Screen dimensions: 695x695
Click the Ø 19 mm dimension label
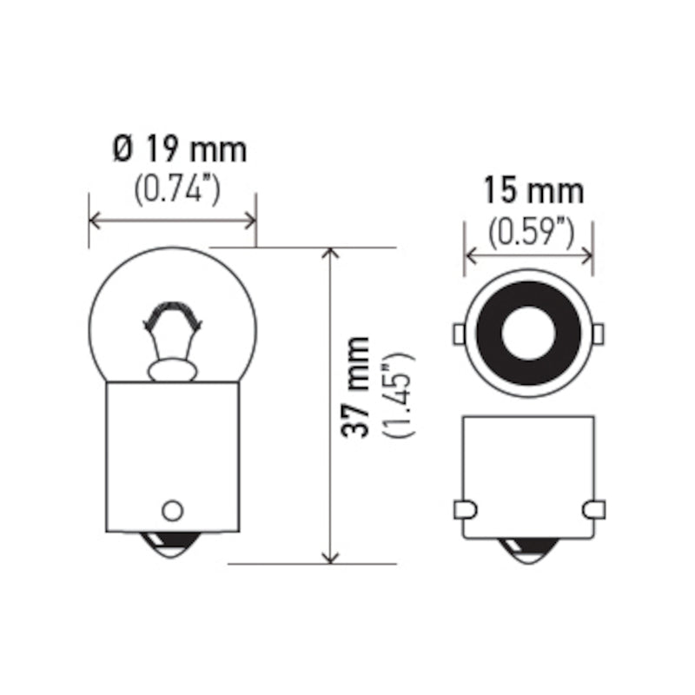(x=179, y=149)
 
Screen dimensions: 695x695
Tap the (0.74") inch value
(x=175, y=189)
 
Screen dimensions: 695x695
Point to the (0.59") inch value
(x=531, y=231)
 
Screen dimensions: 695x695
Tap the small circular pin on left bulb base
(x=172, y=509)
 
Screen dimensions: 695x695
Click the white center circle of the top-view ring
(x=529, y=334)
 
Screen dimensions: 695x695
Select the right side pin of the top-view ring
(x=599, y=334)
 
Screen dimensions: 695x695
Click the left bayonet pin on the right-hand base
(x=464, y=508)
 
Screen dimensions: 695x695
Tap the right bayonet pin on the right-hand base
(x=595, y=508)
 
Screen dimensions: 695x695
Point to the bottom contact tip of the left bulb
(x=172, y=546)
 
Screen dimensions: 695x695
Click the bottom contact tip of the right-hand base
(x=529, y=549)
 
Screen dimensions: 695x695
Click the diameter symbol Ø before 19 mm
(x=122, y=149)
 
